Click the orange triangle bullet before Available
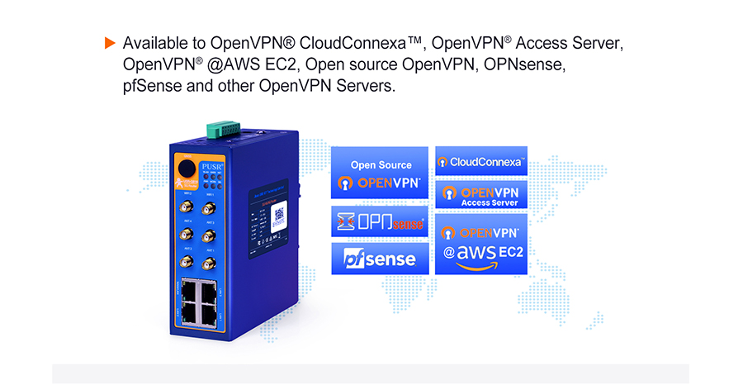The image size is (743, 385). point(109,42)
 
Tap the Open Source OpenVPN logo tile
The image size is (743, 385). point(380,173)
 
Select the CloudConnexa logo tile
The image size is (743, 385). point(480,161)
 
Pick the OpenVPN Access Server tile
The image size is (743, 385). point(480,195)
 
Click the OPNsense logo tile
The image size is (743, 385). point(380,222)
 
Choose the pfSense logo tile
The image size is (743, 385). point(380,259)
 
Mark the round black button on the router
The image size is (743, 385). point(186,171)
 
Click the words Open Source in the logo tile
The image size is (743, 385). point(381,164)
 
